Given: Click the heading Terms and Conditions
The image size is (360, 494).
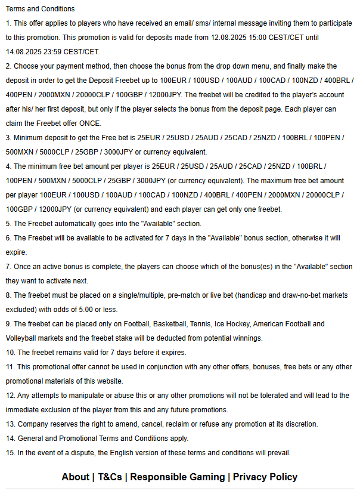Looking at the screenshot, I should (40, 9).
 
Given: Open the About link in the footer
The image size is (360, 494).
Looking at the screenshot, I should (75, 477).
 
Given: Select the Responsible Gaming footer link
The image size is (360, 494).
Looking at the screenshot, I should (178, 477).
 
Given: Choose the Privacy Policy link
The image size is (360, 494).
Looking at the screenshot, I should (265, 477).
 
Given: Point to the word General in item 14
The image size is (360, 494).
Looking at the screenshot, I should (32, 439).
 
